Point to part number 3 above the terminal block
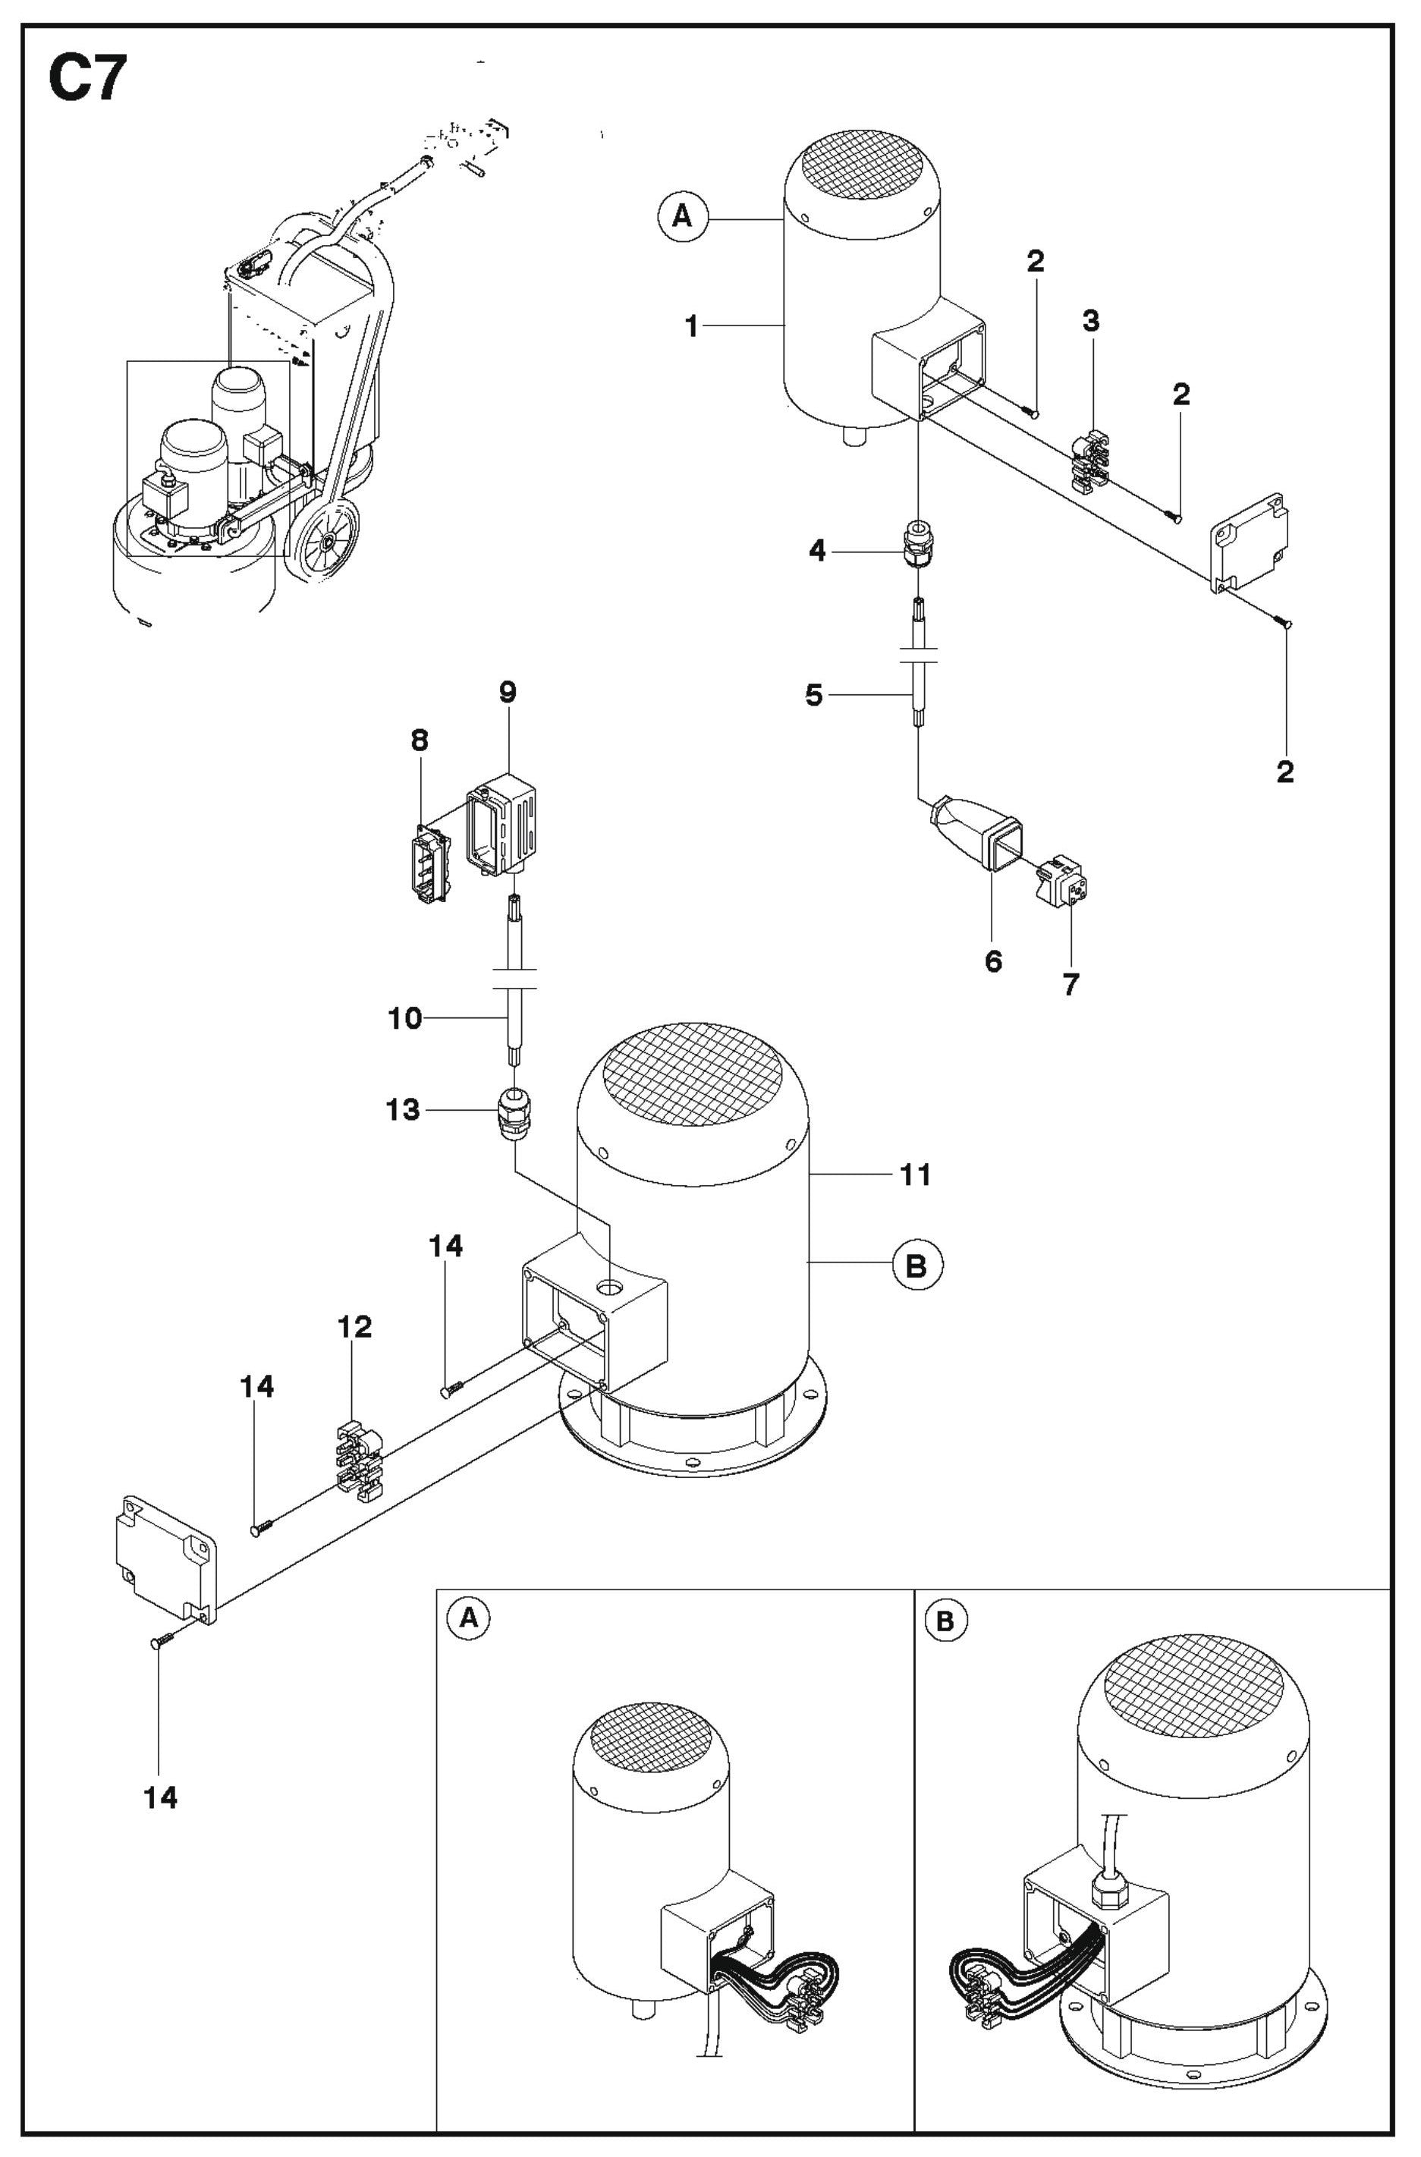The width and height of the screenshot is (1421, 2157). (1090, 321)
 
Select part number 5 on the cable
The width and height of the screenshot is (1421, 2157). (814, 696)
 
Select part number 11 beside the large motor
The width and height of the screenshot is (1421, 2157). (915, 1174)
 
